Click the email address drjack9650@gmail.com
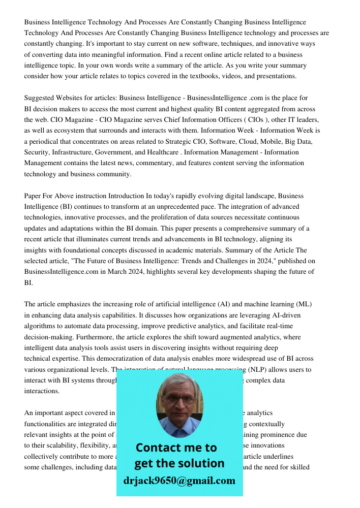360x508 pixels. click(179, 481)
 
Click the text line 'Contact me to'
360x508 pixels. click(176, 448)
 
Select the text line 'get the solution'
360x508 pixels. click(179, 463)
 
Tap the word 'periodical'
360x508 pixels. click(47, 141)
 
